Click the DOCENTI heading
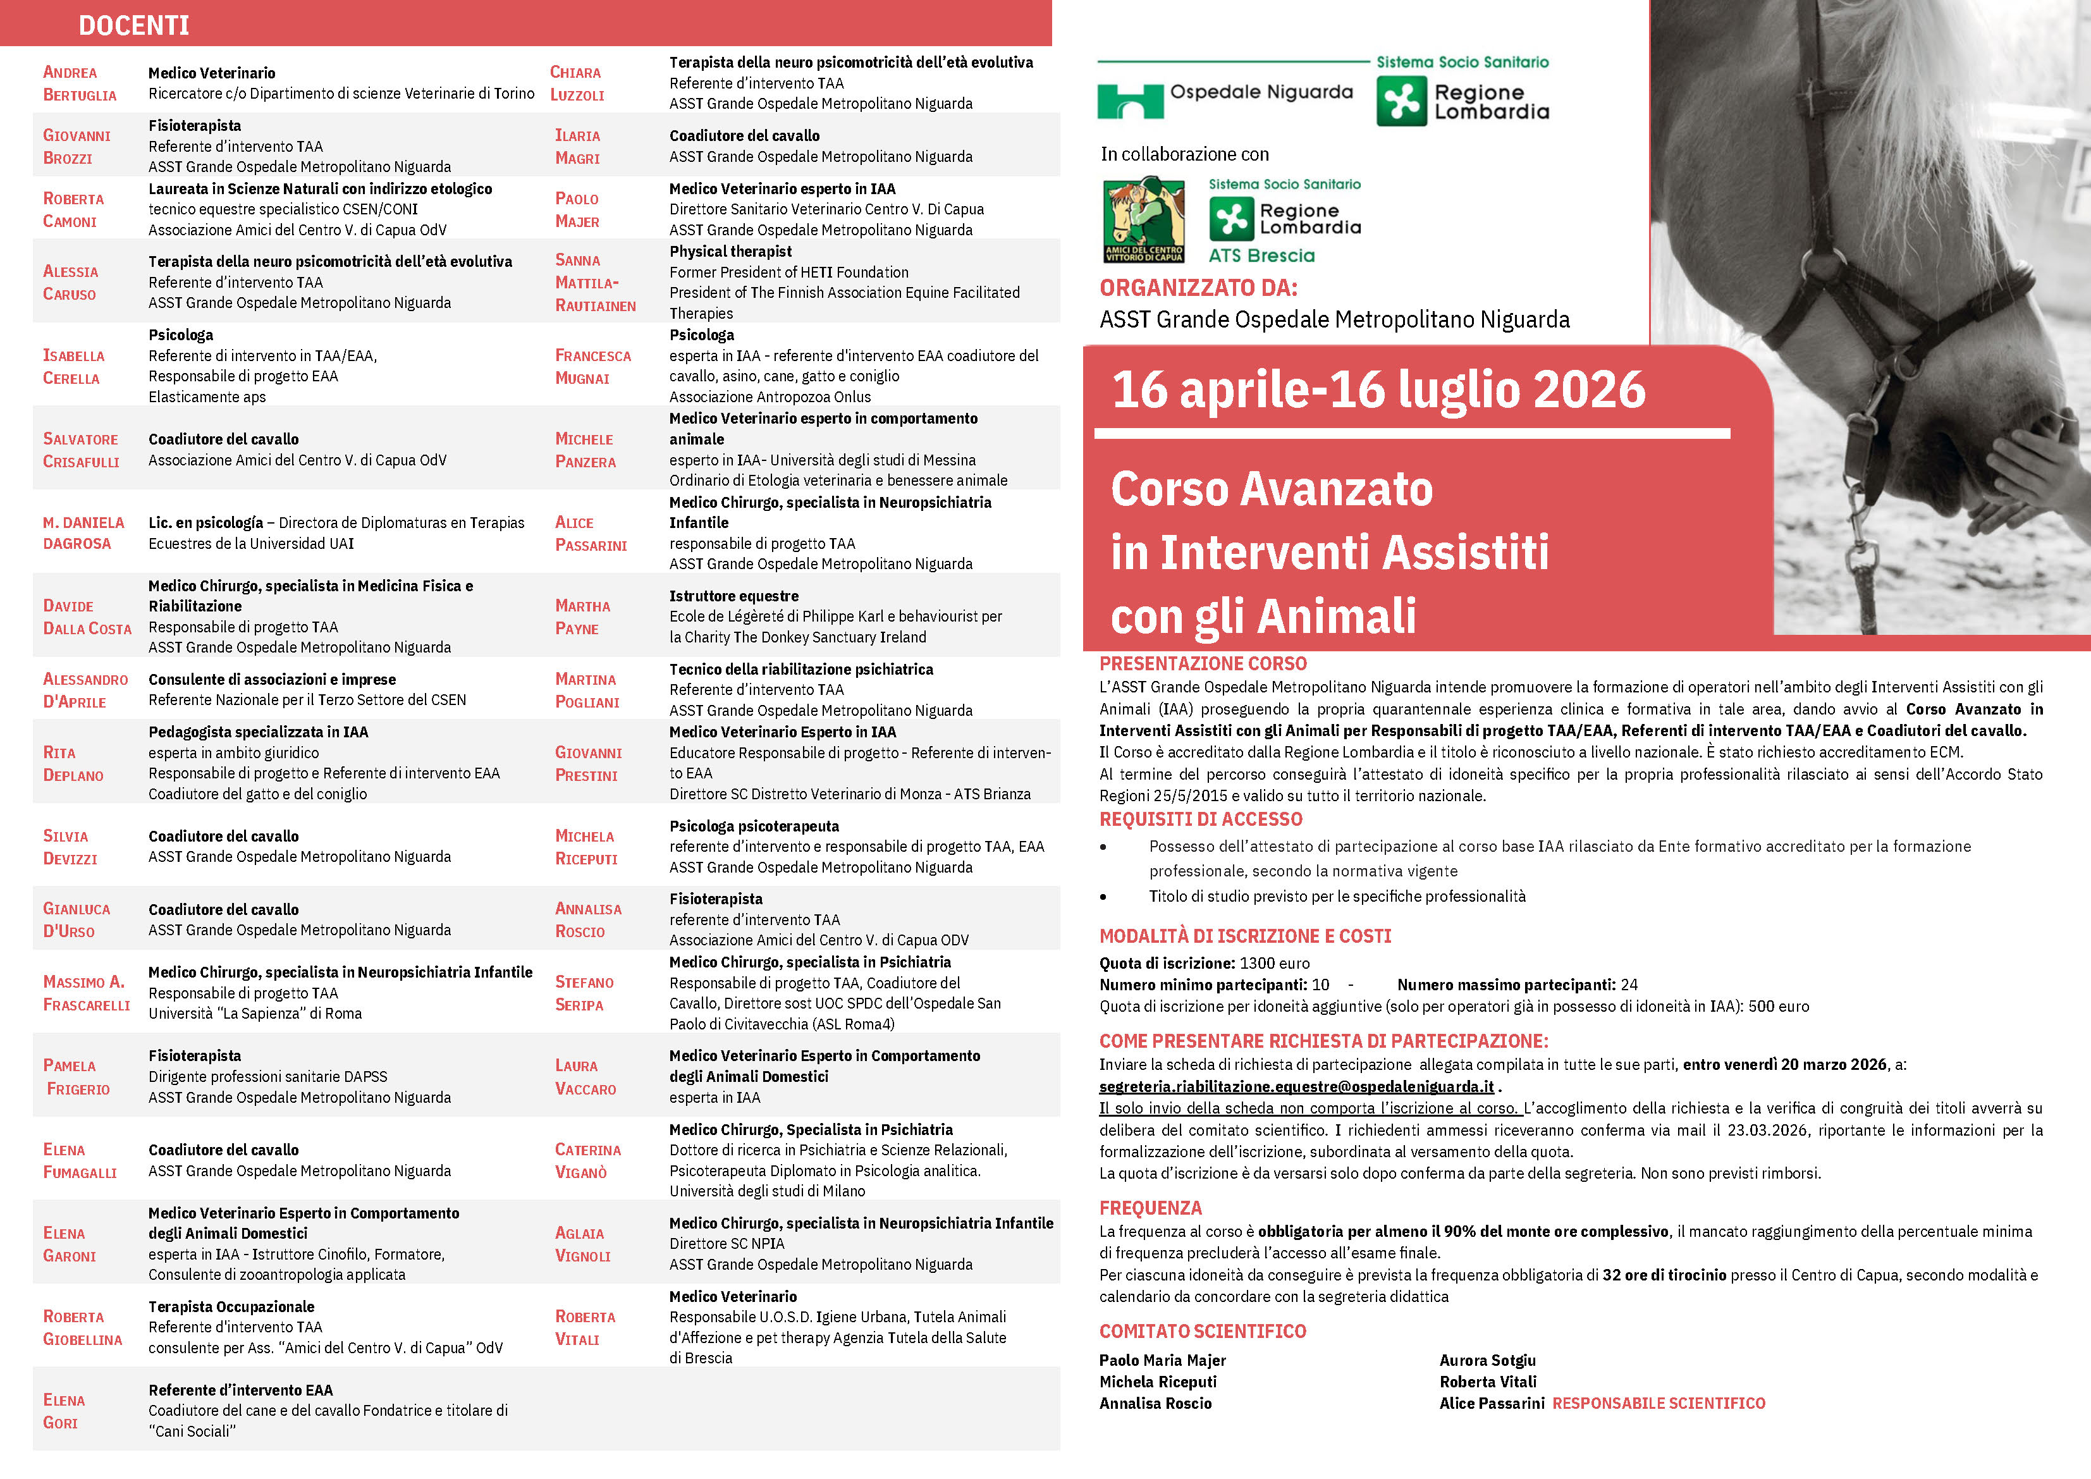134,25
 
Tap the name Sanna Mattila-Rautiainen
595,282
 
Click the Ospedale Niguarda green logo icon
1129,101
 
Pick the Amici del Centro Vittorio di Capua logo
1143,221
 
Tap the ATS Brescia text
1261,256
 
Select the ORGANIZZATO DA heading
1198,288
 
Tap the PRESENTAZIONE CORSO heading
1202,663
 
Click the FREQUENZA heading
1150,1208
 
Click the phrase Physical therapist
730,252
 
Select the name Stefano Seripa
584,993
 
